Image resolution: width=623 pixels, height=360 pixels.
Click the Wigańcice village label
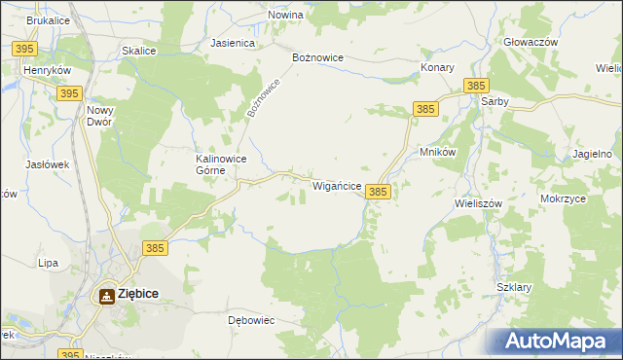click(337, 185)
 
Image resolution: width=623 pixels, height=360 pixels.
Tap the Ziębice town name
click(138, 293)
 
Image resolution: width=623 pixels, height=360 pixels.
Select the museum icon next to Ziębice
click(105, 295)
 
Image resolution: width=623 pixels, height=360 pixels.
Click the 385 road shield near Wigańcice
click(379, 193)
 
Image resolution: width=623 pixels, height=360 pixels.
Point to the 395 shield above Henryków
click(26, 49)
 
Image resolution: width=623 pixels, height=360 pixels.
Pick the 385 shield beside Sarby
click(476, 86)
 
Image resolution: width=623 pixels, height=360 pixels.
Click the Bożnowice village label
click(318, 57)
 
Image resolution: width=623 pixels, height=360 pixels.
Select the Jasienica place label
click(233, 44)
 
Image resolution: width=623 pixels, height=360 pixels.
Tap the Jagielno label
click(593, 155)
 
